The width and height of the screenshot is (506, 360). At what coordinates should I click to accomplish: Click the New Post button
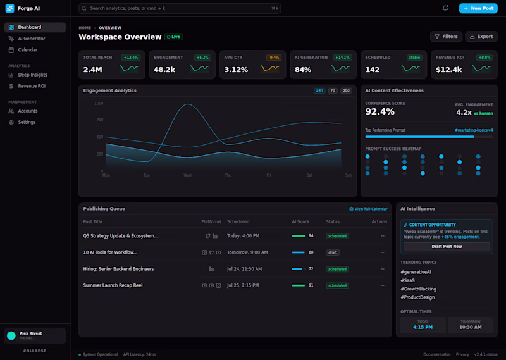[478, 8]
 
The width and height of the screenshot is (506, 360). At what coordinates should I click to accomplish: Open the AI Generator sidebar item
[31, 39]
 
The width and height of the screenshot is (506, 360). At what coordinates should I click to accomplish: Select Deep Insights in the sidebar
[32, 75]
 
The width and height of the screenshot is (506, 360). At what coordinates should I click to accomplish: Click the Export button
[481, 37]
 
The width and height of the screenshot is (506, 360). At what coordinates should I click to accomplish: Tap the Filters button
[445, 37]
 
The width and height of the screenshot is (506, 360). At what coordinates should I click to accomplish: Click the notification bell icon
[445, 8]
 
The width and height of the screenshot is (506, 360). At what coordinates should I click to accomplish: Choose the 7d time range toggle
[333, 90]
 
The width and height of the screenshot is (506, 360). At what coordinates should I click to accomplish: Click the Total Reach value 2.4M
[92, 70]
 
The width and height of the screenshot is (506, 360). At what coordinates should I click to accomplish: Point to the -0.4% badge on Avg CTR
[273, 58]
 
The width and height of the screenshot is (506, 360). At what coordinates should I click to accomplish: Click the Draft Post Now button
[447, 246]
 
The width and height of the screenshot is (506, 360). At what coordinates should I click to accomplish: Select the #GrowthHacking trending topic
[418, 289]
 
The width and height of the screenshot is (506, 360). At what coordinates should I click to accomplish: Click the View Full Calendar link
[368, 209]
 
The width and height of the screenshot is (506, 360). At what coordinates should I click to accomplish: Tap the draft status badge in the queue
[333, 252]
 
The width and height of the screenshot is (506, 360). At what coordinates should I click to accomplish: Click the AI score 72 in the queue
[311, 269]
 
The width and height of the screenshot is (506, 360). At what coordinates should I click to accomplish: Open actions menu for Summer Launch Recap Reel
[383, 285]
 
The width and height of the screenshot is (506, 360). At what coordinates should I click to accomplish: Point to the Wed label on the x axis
[187, 175]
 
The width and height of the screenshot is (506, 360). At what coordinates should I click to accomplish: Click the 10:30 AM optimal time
[470, 327]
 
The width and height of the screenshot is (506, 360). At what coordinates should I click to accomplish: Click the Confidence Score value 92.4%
[380, 112]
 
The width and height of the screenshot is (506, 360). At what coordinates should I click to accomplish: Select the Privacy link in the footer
[462, 354]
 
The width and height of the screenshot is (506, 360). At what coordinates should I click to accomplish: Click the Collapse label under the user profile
[35, 351]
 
